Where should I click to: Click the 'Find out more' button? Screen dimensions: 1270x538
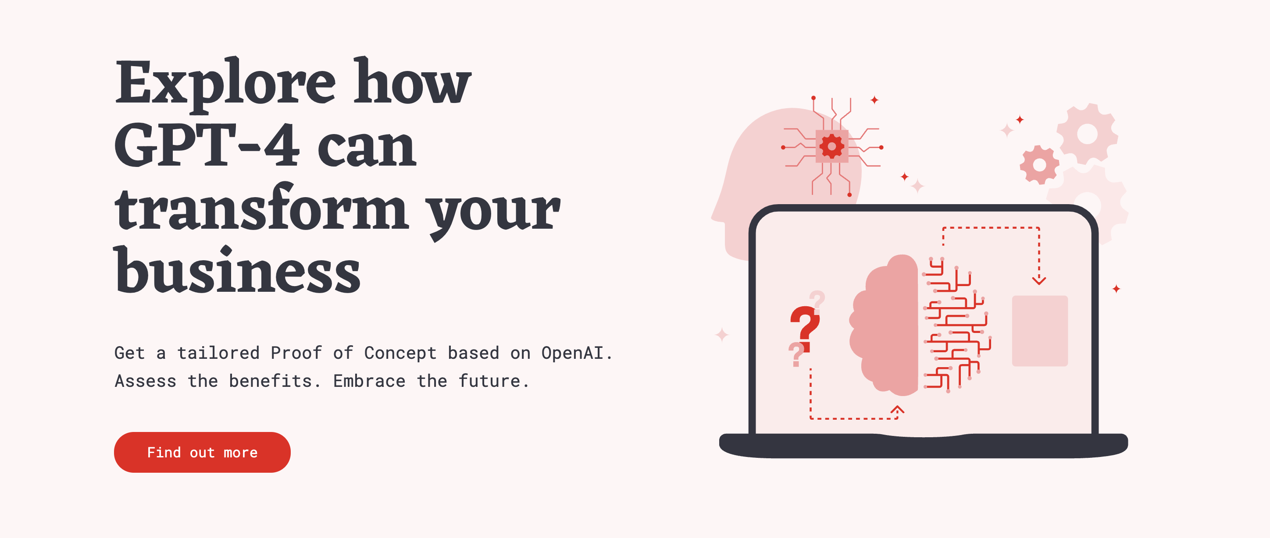[202, 452]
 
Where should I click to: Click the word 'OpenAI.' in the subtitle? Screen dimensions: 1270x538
[577, 353]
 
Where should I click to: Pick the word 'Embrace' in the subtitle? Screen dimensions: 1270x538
[369, 381]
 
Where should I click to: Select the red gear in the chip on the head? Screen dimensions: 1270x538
[832, 146]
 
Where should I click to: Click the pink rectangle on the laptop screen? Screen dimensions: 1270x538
[1040, 331]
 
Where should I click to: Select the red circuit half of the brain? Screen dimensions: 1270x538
[956, 325]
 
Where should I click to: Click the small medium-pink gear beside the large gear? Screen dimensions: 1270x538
[1039, 165]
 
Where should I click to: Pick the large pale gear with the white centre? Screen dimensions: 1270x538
[1087, 134]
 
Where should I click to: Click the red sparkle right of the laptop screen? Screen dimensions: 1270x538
[1116, 289]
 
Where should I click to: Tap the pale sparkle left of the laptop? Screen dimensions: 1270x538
[722, 335]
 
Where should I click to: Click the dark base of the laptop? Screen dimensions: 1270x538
[924, 446]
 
